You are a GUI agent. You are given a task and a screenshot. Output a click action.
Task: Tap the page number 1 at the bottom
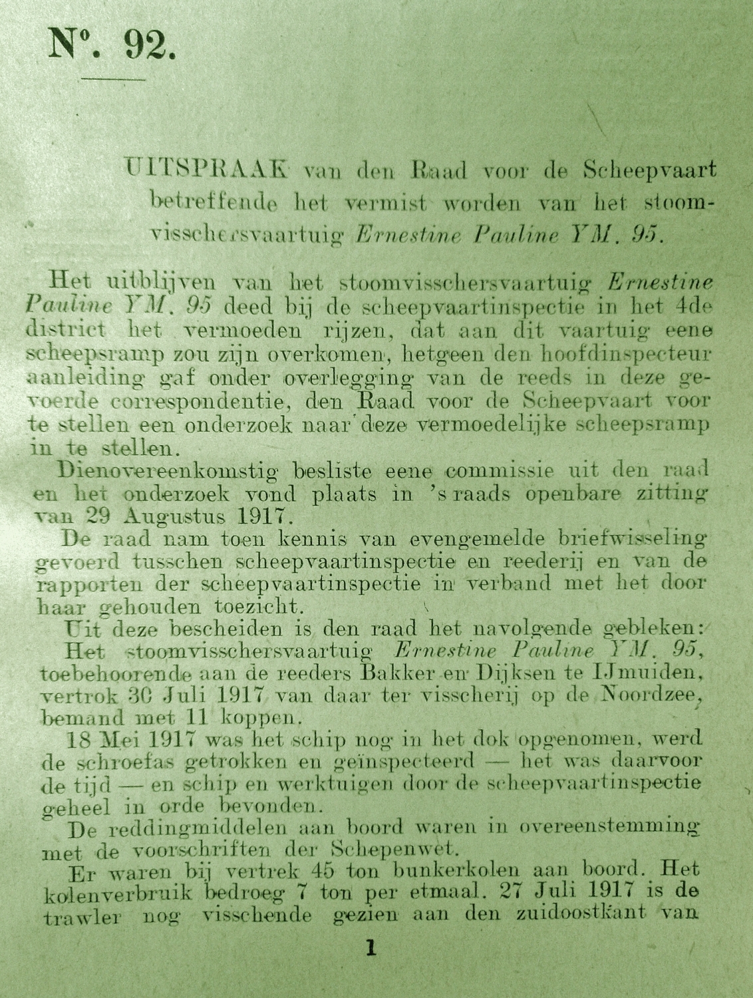[371, 947]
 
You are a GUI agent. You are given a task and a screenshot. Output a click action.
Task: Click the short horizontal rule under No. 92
[113, 79]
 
